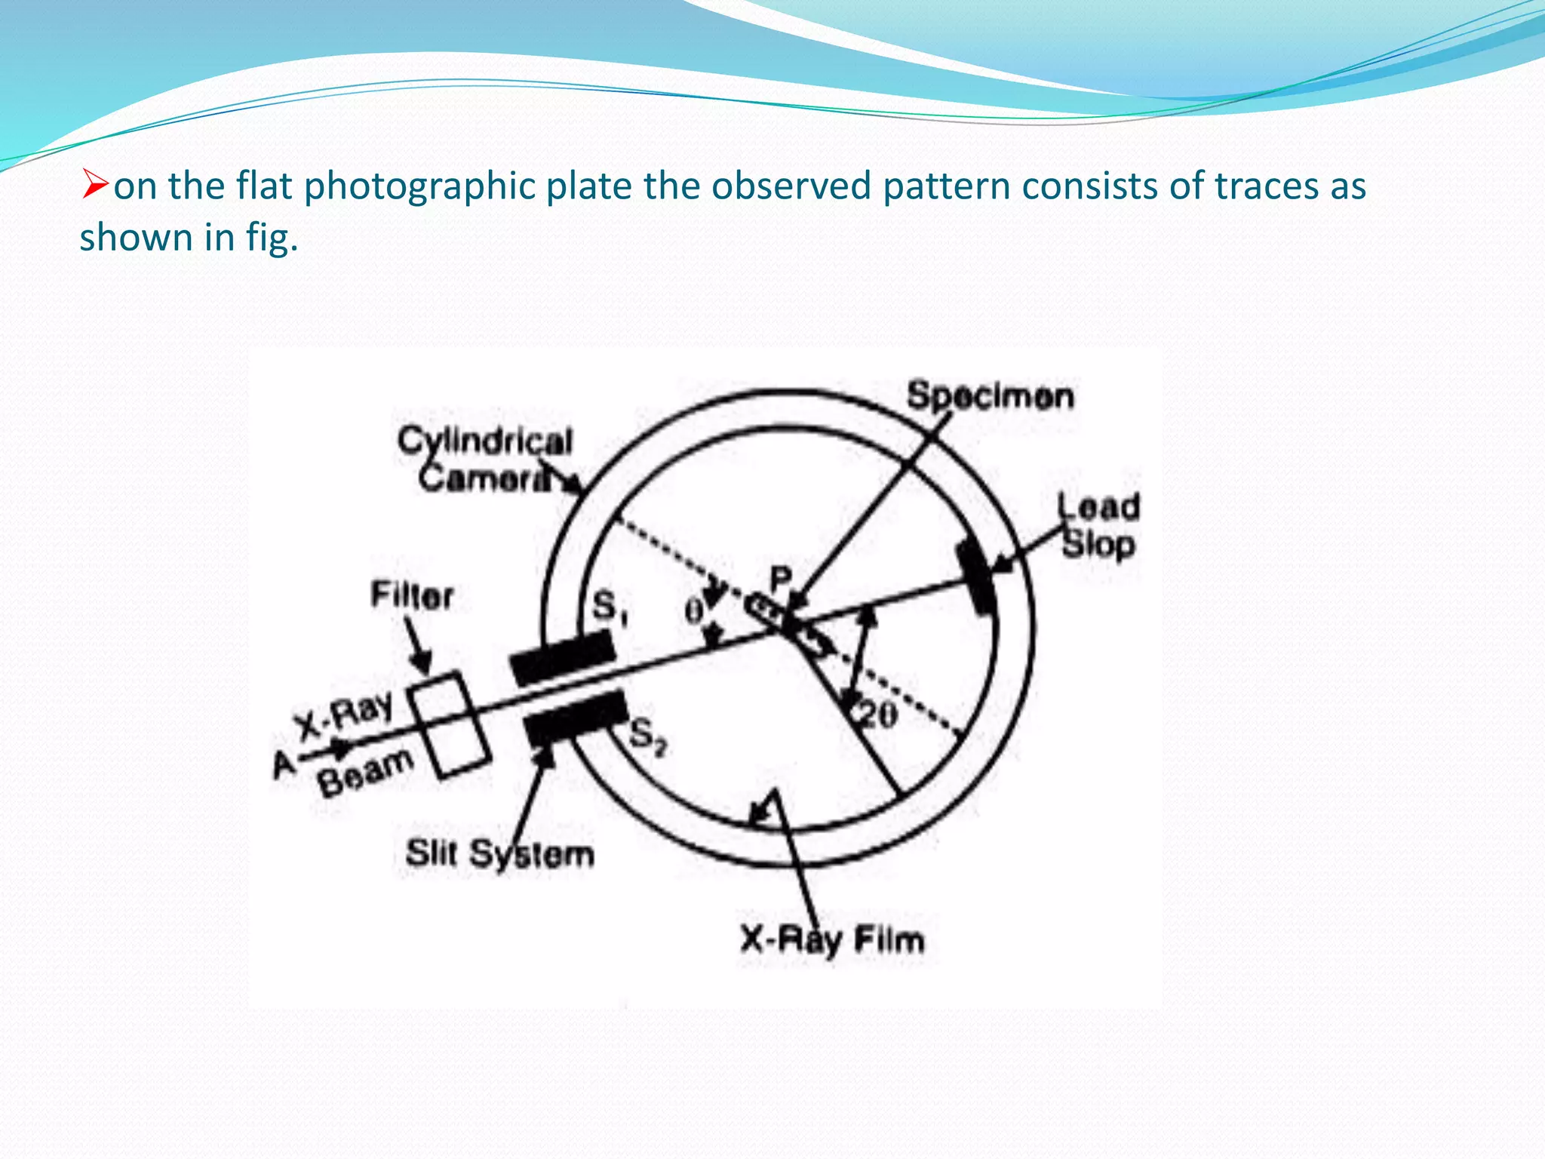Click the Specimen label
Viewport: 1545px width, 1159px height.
coord(990,396)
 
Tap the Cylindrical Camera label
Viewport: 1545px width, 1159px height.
coord(485,459)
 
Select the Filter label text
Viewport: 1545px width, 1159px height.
coord(411,596)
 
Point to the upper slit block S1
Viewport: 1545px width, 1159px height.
coord(562,656)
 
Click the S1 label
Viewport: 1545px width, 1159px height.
coord(610,606)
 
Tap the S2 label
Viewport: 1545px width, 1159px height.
coord(647,736)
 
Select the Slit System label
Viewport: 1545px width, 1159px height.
coord(499,853)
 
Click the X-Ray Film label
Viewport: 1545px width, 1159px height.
coord(832,940)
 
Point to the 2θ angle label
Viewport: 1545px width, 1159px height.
coord(878,715)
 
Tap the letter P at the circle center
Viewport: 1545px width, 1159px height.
coord(780,580)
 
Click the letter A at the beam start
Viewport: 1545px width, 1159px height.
coord(284,764)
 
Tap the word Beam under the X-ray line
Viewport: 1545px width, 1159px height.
coord(366,772)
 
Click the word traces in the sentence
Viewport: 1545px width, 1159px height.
coord(1266,186)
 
